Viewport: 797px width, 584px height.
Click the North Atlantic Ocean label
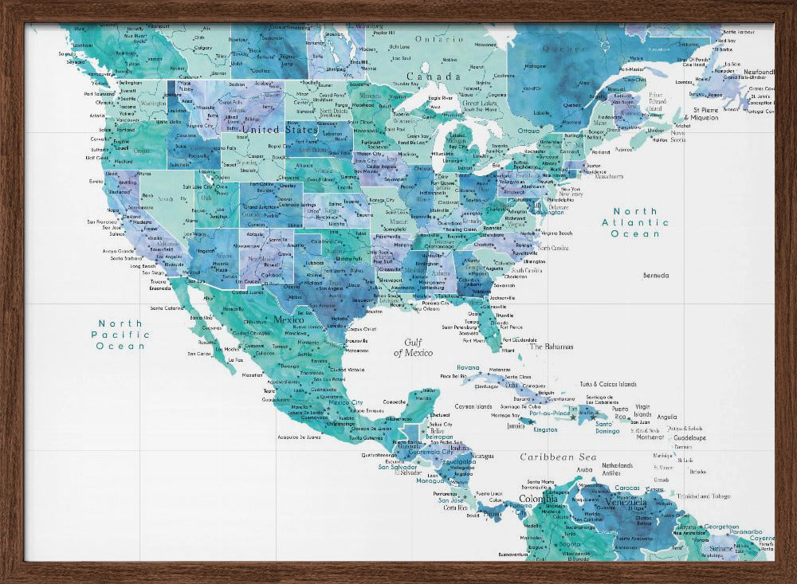tap(635, 222)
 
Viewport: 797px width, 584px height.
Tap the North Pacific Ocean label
tap(120, 335)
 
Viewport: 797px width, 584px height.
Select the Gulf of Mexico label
tap(413, 347)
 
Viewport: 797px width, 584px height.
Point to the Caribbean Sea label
tap(558, 457)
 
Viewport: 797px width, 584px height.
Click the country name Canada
tap(439, 77)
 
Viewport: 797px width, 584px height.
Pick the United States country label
tap(279, 130)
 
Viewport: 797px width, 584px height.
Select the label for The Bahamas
tap(552, 347)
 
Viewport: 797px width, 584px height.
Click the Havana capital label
tap(468, 368)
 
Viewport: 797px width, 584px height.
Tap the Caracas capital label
tap(627, 488)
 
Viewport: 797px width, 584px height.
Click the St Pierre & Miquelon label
tap(705, 113)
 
